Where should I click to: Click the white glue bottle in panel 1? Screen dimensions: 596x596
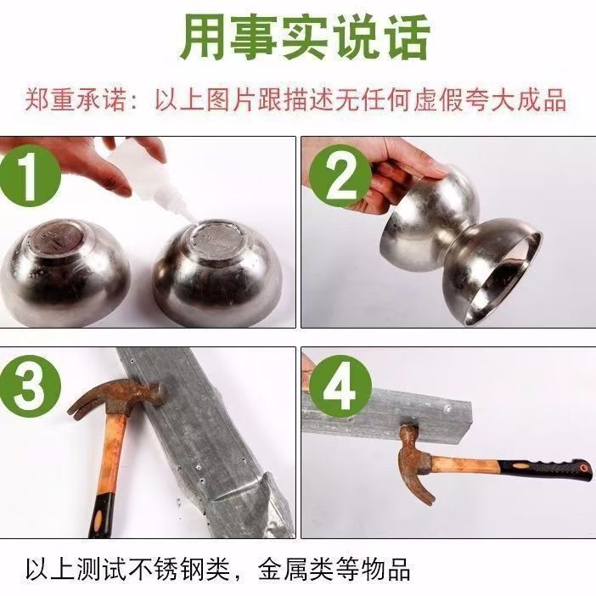pos(139,175)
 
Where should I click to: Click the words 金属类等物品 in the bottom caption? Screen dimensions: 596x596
pos(347,567)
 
